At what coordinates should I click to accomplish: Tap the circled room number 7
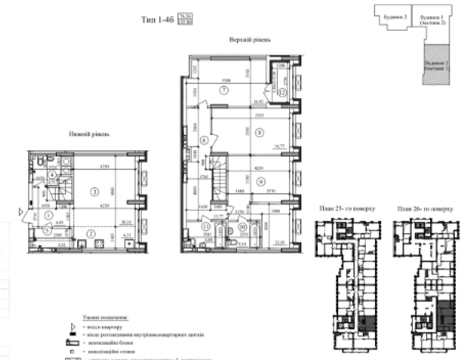pyautogui.click(x=224, y=90)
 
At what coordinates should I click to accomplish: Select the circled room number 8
pyautogui.click(x=260, y=133)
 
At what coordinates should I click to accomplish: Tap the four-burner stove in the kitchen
pyautogui.click(x=98, y=244)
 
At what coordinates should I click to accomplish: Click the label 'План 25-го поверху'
pyautogui.click(x=347, y=209)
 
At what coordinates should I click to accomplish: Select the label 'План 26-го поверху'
pyautogui.click(x=425, y=209)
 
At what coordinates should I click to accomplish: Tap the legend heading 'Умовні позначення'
pyautogui.click(x=106, y=318)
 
